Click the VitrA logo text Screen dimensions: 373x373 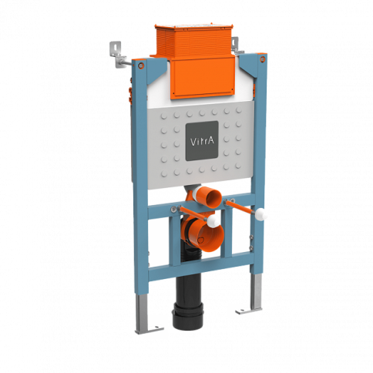pyautogui.click(x=202, y=141)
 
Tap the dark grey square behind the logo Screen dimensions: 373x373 pyautogui.click(x=202, y=141)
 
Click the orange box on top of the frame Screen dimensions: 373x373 pyautogui.click(x=193, y=40)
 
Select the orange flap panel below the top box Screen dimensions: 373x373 pyautogui.click(x=203, y=78)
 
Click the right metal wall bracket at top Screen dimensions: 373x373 pyautogui.click(x=237, y=45)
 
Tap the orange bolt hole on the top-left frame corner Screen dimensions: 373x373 pyautogui.click(x=141, y=66)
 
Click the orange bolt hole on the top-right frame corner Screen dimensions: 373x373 pyautogui.click(x=263, y=59)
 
